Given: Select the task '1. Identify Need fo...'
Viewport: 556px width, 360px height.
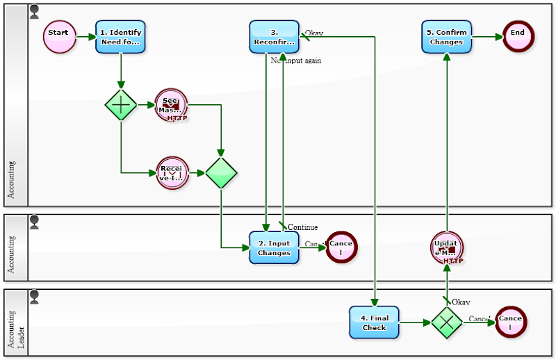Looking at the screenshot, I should click(x=120, y=37).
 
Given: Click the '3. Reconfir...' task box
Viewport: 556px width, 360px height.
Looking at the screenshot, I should click(x=274, y=37).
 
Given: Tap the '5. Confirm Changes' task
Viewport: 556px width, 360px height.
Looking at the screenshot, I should click(x=446, y=37).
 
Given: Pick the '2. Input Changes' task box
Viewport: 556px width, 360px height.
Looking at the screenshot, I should click(x=274, y=247).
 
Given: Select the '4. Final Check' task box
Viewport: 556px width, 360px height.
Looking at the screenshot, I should click(x=374, y=322).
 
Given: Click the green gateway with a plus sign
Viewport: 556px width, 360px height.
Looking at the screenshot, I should click(x=121, y=105).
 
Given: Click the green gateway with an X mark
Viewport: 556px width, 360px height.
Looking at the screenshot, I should click(x=447, y=322).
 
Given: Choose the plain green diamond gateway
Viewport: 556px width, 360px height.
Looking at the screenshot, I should click(x=221, y=172).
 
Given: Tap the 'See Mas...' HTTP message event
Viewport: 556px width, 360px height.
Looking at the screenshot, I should click(x=171, y=105).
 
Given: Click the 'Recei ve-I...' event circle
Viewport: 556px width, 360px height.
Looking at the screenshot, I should click(x=171, y=172).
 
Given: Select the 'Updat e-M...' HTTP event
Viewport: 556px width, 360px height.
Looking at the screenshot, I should click(x=446, y=248).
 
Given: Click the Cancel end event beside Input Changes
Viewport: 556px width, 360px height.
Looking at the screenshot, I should click(x=341, y=247).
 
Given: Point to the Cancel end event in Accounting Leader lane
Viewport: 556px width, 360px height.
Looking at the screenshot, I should click(x=511, y=322).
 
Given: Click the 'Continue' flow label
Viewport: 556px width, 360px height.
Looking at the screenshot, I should click(x=302, y=227).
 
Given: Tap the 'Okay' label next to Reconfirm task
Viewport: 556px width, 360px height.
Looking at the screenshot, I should click(x=314, y=33).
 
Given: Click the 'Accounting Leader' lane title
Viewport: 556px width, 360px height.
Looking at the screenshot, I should click(x=15, y=322).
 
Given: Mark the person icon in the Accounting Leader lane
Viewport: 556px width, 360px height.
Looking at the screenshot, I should click(x=34, y=297).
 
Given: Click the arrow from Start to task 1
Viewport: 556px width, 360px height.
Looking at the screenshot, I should click(x=85, y=37).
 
